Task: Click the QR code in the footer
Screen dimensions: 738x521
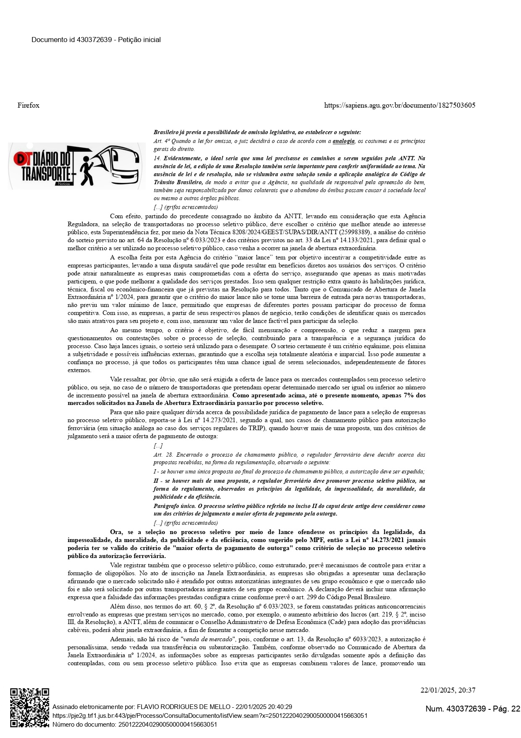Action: click(29, 707)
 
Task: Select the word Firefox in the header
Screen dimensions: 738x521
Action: click(29, 105)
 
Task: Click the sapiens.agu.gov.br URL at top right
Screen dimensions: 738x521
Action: click(400, 105)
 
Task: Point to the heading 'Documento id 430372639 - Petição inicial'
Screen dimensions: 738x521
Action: click(96, 40)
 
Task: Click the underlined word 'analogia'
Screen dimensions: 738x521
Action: click(343, 141)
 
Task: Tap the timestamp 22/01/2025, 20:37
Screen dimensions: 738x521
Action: click(448, 690)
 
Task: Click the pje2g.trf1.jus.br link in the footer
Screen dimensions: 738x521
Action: click(210, 715)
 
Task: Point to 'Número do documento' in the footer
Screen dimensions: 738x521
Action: click(84, 724)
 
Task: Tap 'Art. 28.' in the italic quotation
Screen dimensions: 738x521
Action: click(163, 455)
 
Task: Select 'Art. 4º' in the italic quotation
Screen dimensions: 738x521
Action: click(161, 141)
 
